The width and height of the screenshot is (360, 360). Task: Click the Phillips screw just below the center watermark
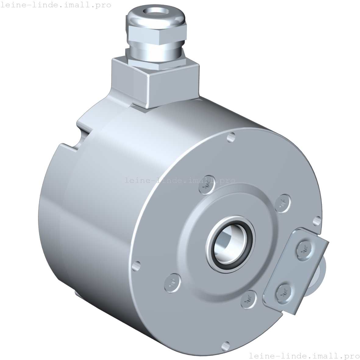click(x=205, y=187)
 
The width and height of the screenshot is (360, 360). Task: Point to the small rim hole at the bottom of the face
click(x=226, y=345)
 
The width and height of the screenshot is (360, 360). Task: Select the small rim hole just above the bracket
click(x=317, y=220)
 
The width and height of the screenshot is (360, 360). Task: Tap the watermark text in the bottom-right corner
click(x=304, y=356)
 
